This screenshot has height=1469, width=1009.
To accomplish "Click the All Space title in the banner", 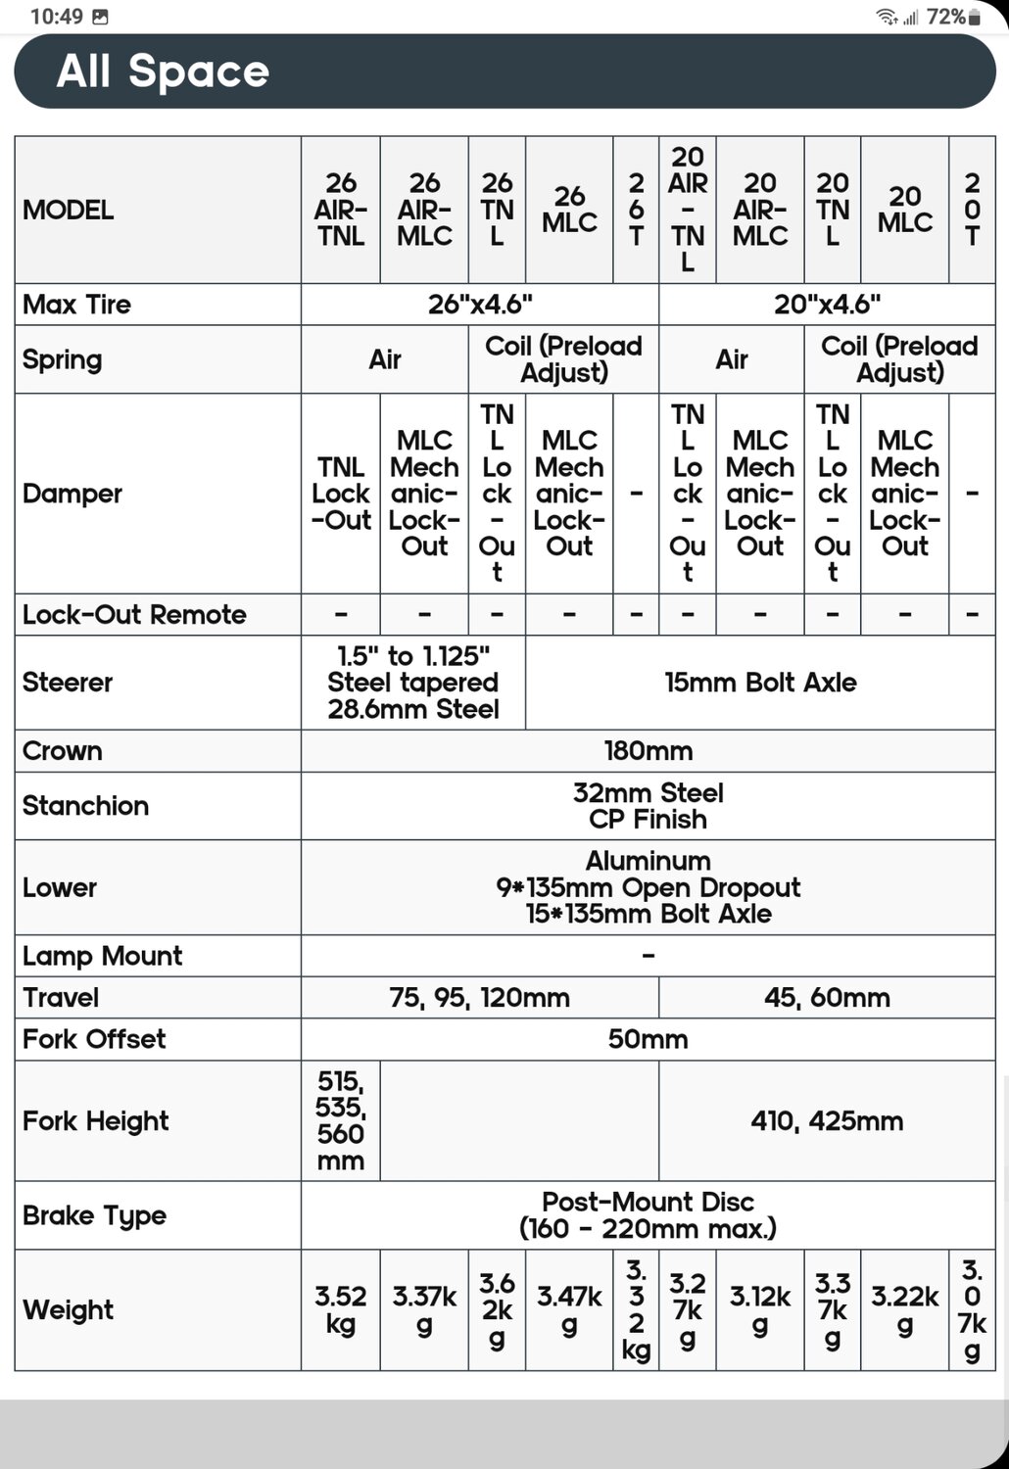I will tap(163, 71).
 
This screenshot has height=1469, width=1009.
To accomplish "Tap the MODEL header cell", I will tap(69, 210).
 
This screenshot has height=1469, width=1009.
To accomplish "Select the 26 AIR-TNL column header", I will tap(340, 210).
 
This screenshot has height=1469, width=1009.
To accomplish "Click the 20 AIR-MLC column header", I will tap(760, 210).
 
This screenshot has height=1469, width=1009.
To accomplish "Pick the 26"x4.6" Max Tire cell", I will tap(480, 305).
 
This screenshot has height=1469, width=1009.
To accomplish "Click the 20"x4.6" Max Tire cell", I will tap(827, 305).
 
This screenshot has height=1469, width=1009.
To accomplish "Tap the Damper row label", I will tap(72, 494).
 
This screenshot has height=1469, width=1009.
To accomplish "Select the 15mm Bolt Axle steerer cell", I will tap(760, 683).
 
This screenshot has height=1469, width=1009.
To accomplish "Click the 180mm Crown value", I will tap(648, 751).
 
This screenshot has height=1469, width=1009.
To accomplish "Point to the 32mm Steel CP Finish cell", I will tap(648, 806).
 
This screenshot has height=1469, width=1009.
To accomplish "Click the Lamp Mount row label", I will tap(102, 956).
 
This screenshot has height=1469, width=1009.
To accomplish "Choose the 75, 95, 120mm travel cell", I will tap(479, 998).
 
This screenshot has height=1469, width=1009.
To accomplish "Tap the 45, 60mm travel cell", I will tap(827, 998).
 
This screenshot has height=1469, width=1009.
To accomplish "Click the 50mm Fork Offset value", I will tap(648, 1039).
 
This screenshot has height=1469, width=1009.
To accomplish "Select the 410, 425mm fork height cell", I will tap(827, 1121).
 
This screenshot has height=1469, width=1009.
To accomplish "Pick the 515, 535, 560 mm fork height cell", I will tap(340, 1121).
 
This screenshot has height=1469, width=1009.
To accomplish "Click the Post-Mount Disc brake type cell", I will tap(648, 1215).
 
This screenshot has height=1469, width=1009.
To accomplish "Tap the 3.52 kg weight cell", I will tap(340, 1309).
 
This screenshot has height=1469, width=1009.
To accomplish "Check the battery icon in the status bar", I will tap(974, 17).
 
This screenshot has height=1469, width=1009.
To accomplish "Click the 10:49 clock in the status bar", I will tap(56, 17).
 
